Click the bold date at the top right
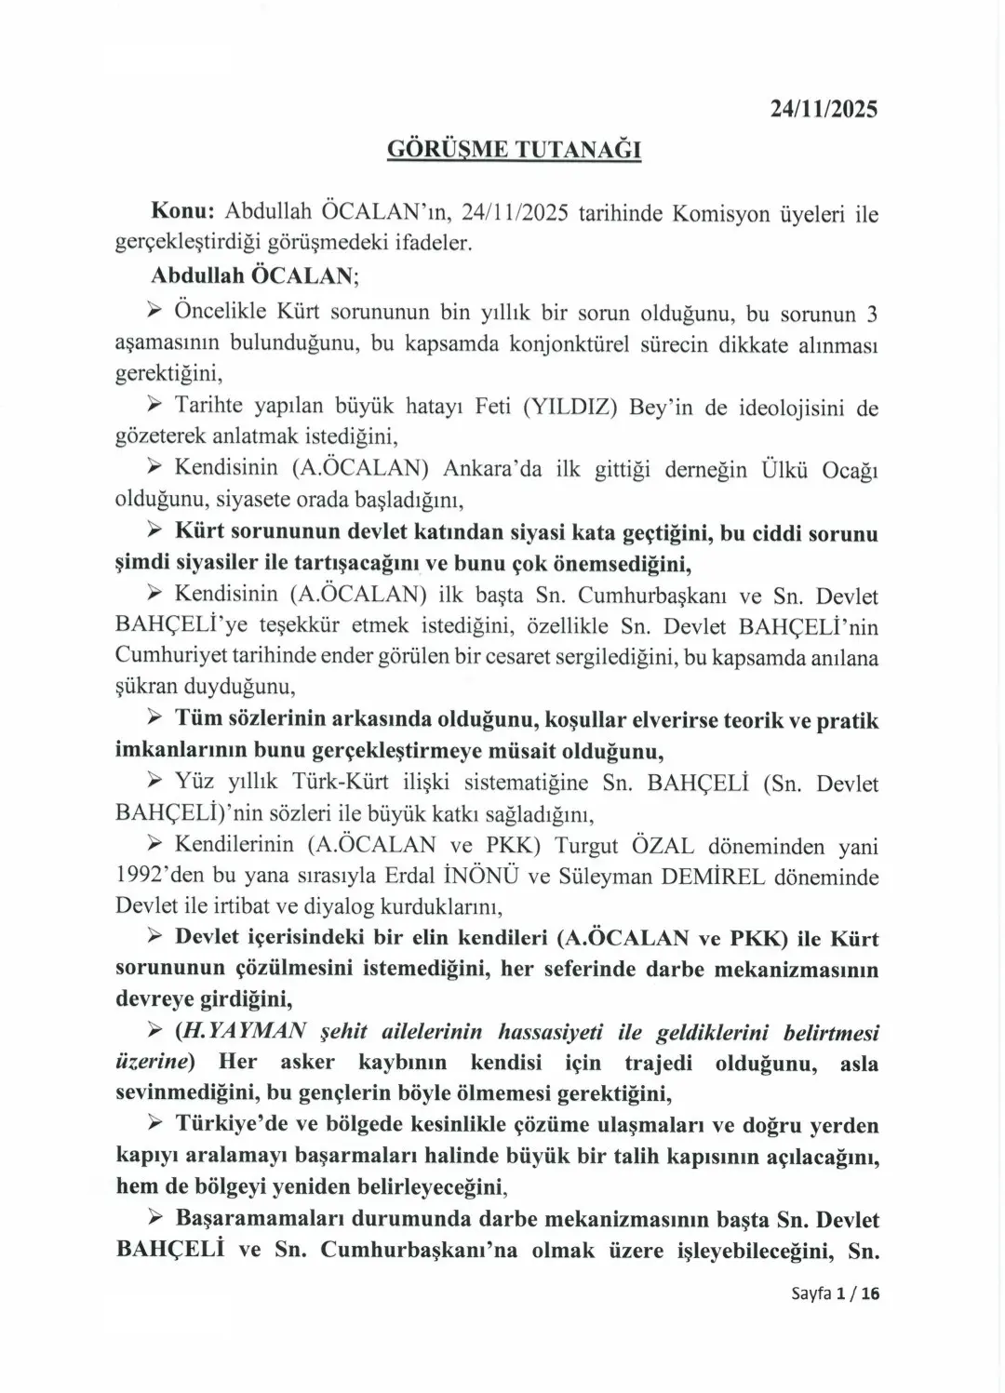tap(823, 109)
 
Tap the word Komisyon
tap(722, 214)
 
